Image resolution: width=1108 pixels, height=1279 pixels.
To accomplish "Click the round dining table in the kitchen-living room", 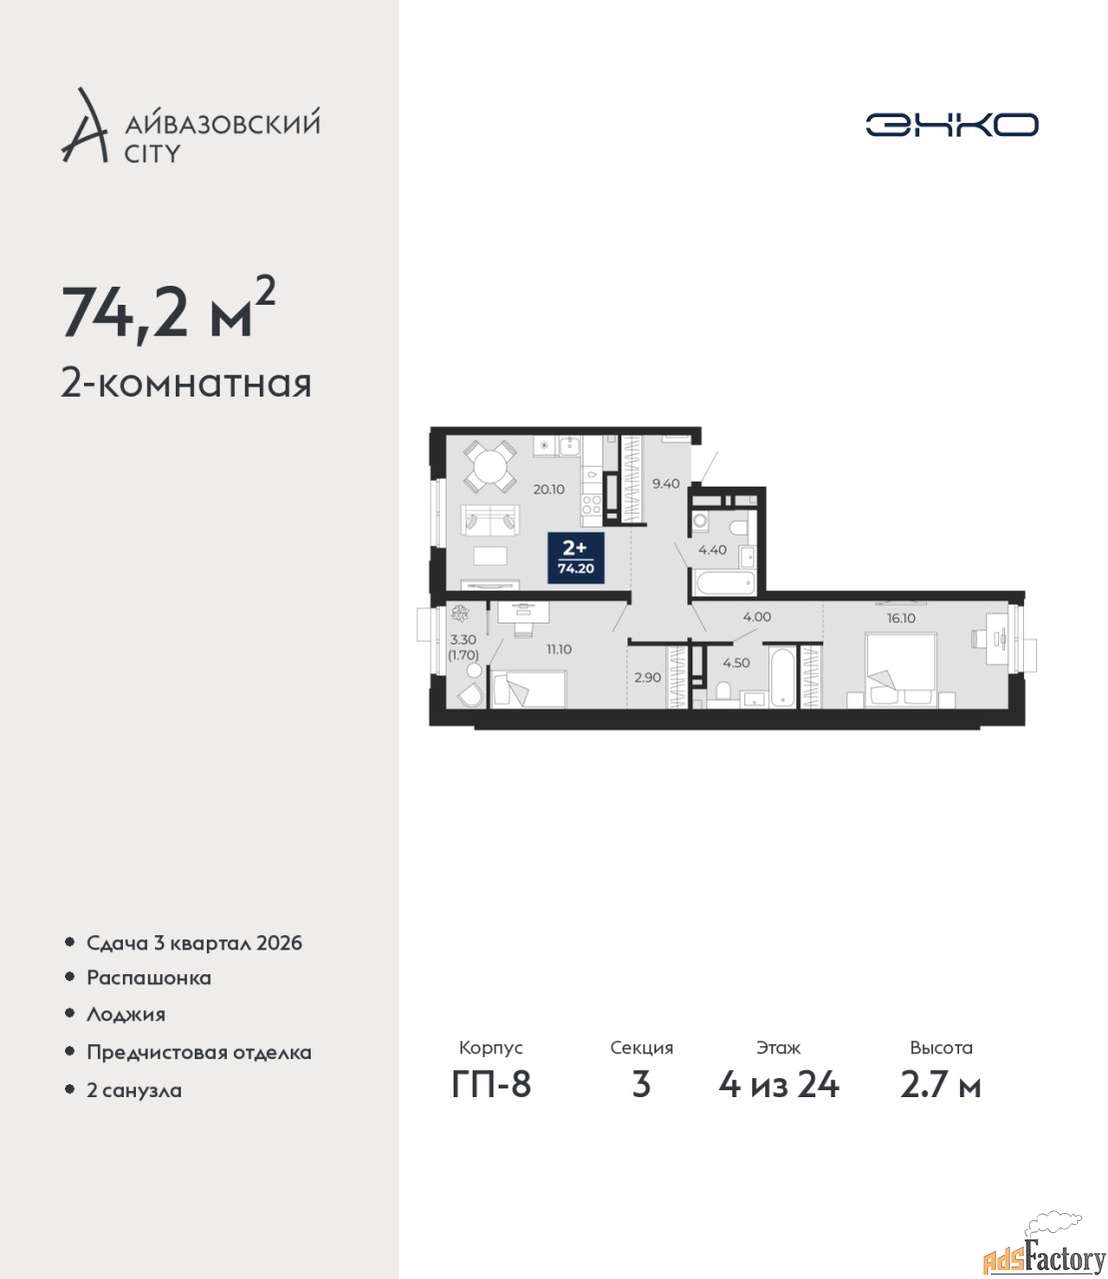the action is (491, 466).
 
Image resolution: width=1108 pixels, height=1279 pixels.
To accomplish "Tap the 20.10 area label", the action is (549, 490).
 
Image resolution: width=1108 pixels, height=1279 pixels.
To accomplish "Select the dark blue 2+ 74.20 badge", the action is (575, 558).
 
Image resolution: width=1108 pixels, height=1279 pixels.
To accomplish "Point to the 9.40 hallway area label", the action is (665, 484).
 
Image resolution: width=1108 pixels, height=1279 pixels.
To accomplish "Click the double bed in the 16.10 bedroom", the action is (901, 669).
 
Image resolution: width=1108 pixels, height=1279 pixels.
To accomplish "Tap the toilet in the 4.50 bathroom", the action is (722, 691).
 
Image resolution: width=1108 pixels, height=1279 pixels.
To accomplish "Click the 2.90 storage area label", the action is (647, 677).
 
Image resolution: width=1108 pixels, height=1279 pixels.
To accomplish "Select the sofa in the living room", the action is (490, 520).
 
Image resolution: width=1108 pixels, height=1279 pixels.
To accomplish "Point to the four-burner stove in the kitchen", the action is (592, 505).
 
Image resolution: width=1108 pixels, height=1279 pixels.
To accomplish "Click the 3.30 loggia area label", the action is (463, 640).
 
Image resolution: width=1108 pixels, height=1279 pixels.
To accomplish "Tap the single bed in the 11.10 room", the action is (529, 688).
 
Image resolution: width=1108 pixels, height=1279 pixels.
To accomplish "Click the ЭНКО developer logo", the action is (951, 124).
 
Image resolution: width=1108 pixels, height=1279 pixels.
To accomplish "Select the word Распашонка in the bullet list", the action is (149, 977).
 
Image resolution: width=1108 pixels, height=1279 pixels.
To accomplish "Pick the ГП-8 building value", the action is (492, 1085).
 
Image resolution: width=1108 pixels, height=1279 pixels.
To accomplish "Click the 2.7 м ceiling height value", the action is (940, 1085).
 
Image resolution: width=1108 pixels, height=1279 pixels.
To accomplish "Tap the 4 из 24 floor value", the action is (778, 1085).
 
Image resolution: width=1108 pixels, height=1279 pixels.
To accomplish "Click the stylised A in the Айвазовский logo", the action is (85, 126).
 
